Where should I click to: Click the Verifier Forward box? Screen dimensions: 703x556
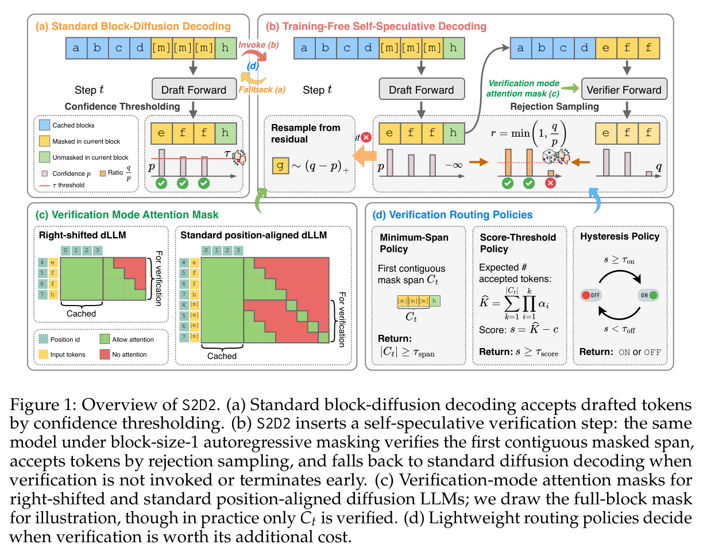pos(624,89)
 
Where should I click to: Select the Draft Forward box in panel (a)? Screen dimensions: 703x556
pos(194,89)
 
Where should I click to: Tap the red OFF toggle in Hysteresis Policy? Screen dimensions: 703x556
pos(591,295)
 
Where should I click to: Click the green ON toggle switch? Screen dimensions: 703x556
pos(648,295)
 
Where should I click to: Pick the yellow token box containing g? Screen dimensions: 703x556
pos(280,165)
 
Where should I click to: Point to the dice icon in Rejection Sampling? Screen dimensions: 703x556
pos(550,156)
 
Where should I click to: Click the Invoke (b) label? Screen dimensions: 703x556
pos(258,45)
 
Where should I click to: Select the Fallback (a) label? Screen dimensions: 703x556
pos(262,90)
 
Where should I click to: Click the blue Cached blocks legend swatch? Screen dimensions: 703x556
pos(44,125)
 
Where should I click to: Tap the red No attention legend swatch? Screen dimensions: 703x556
pos(105,354)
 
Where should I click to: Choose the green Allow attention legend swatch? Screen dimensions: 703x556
pos(105,339)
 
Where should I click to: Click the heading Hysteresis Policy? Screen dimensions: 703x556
pos(620,236)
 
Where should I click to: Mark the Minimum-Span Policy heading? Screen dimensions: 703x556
pos(414,243)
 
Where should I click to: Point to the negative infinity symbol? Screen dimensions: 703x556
pos(454,165)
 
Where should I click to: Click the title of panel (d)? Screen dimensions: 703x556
pos(453,215)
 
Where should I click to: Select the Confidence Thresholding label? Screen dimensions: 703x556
pos(122,106)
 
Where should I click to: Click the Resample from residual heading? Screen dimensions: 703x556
pos(306,133)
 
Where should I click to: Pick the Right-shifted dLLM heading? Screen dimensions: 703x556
pos(82,235)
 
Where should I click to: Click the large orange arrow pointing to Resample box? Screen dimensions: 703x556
pos(365,156)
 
